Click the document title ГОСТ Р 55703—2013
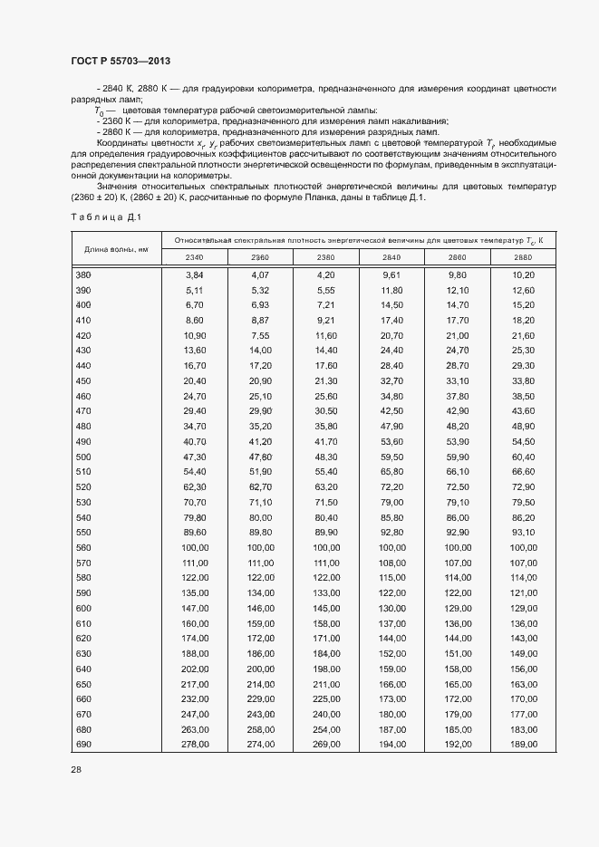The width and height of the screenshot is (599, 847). pos(121,61)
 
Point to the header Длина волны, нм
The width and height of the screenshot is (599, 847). pos(116,248)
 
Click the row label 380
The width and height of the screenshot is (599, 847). pos(83,274)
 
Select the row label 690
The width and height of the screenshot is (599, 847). pos(83,744)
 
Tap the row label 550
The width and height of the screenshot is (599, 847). pos(83,531)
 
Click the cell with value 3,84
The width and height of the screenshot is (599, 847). pos(195,274)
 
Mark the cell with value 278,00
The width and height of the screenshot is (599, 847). pos(195,744)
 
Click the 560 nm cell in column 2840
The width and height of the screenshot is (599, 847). pos(392,548)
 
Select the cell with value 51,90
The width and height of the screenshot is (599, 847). pos(260,471)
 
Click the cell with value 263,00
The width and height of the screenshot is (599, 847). pos(195,730)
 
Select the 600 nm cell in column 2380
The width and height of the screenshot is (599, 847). pos(326,609)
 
